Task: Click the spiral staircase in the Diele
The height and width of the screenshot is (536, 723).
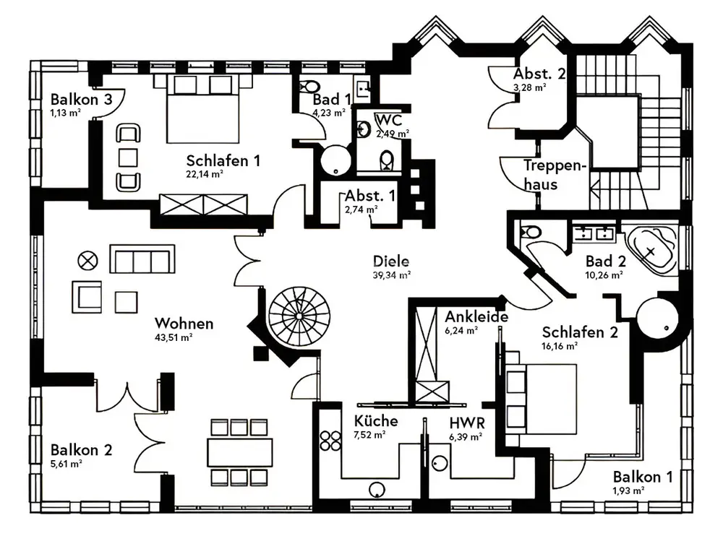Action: coord(299,316)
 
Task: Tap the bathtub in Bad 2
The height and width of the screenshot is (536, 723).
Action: coord(651,250)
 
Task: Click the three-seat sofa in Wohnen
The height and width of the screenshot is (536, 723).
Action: coord(142,259)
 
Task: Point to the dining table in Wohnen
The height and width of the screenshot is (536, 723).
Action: coord(239,452)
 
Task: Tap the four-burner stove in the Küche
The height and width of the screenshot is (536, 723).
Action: coord(330,441)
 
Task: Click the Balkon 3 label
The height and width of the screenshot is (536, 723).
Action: coord(81,100)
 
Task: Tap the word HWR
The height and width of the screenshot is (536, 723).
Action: coord(466,422)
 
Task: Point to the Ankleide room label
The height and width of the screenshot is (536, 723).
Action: coord(476,316)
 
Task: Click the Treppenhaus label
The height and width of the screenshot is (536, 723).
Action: coord(552,174)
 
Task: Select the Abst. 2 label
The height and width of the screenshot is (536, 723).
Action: coord(539,74)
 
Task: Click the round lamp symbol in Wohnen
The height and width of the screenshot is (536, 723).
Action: coord(88,259)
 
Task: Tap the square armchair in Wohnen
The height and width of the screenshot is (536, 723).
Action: coord(87,295)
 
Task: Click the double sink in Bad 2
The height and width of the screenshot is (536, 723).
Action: coord(594,233)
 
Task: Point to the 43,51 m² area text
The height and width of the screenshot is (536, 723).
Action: coord(174,337)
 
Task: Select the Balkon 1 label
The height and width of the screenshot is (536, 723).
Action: coord(643,477)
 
